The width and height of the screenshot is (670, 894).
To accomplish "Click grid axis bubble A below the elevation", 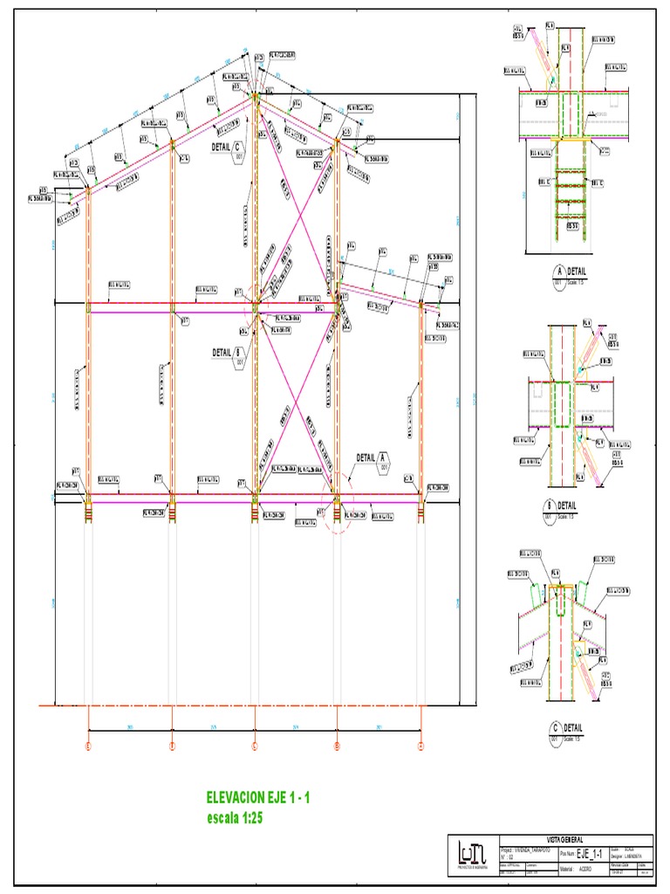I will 420,746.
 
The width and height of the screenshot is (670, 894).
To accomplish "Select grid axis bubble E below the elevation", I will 88,746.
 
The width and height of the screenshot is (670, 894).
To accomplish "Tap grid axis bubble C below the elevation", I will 255,746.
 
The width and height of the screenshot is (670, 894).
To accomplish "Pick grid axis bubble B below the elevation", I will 337,746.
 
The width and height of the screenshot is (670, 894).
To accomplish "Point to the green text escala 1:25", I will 234,818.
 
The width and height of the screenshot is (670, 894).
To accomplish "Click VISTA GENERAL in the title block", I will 571,839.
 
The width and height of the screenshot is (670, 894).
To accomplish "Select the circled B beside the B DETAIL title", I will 550,505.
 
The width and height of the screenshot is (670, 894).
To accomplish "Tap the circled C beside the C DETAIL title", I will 553,727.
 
